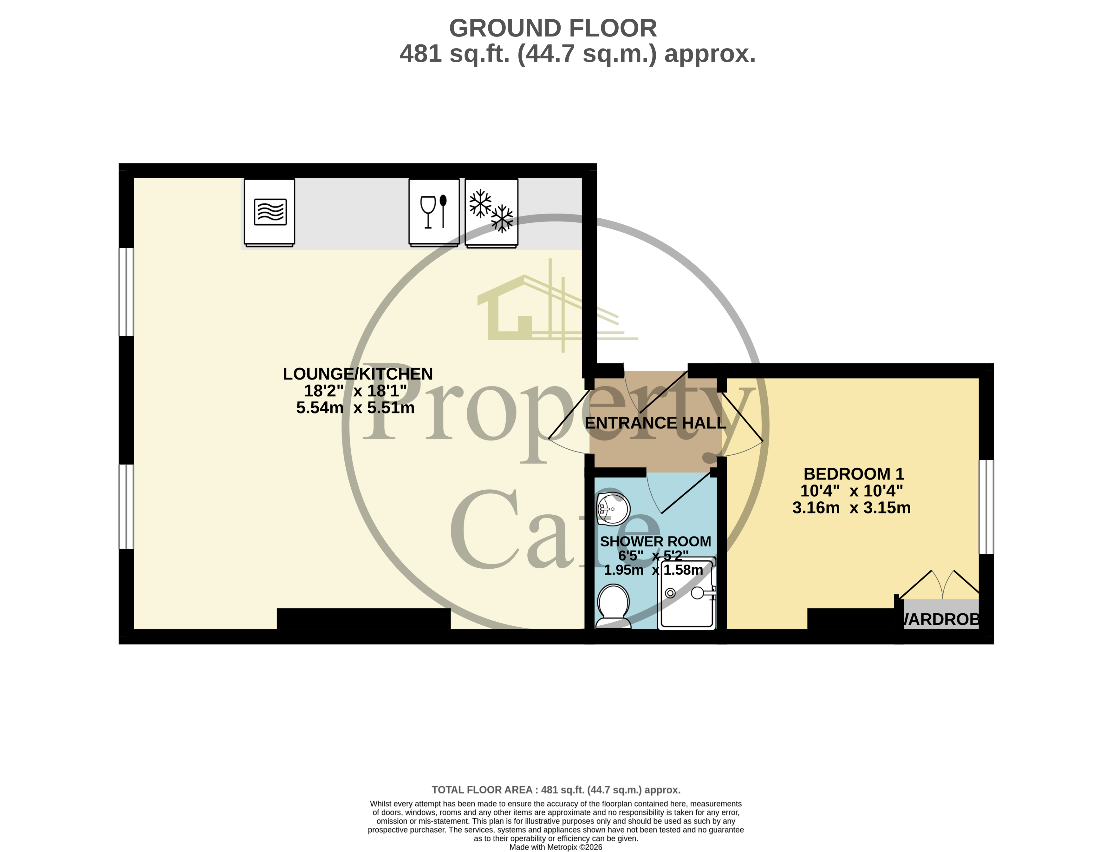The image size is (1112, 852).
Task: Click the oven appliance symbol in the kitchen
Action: pyautogui.click(x=269, y=212)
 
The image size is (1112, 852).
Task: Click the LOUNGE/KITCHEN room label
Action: pyautogui.click(x=357, y=374)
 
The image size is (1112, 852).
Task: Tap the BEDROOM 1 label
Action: pyautogui.click(x=854, y=474)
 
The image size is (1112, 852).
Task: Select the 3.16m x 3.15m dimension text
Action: pyautogui.click(x=851, y=508)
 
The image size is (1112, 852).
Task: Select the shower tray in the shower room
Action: pyautogui.click(x=687, y=594)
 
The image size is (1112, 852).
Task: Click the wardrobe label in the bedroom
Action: pyautogui.click(x=940, y=619)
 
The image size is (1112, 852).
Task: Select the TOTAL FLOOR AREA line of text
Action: pyautogui.click(x=556, y=789)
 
